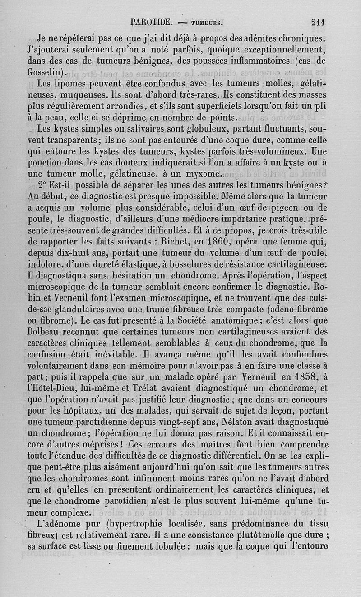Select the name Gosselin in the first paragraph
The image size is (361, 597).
46,72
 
